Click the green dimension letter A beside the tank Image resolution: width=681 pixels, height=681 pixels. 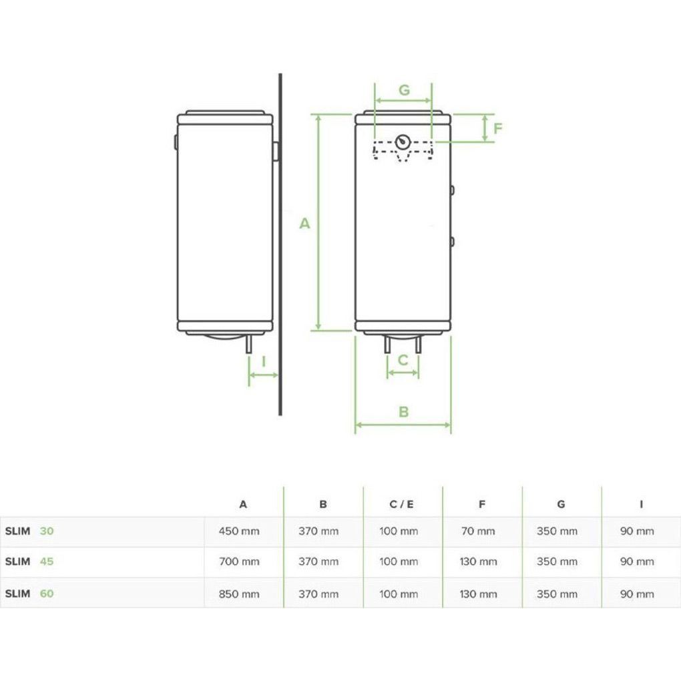[x=305, y=223]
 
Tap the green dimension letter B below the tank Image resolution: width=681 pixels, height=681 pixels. [x=403, y=412]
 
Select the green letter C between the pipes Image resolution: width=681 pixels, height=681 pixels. [x=403, y=360]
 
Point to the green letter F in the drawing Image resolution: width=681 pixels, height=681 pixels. [x=497, y=128]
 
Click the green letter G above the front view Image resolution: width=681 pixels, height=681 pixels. [x=404, y=90]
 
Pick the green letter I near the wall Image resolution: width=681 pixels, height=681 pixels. [x=264, y=361]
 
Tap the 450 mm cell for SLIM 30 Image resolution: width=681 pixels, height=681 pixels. [x=239, y=531]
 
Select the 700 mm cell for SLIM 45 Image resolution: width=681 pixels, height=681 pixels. [x=239, y=561]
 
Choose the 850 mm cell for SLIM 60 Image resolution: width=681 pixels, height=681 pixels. [x=239, y=594]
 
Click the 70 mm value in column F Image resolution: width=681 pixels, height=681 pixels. [x=478, y=531]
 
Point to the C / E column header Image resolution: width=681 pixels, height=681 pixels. [x=402, y=504]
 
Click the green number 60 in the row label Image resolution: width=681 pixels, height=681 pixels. [x=47, y=594]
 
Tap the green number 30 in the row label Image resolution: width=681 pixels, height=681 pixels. [x=47, y=531]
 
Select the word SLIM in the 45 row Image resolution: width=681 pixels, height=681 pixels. [x=18, y=561]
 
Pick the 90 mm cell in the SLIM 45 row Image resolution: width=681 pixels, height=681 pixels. [x=637, y=561]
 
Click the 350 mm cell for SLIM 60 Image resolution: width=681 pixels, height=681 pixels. [x=557, y=594]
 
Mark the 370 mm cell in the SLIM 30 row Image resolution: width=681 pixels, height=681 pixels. [x=318, y=531]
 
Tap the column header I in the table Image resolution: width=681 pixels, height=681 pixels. [x=641, y=504]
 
